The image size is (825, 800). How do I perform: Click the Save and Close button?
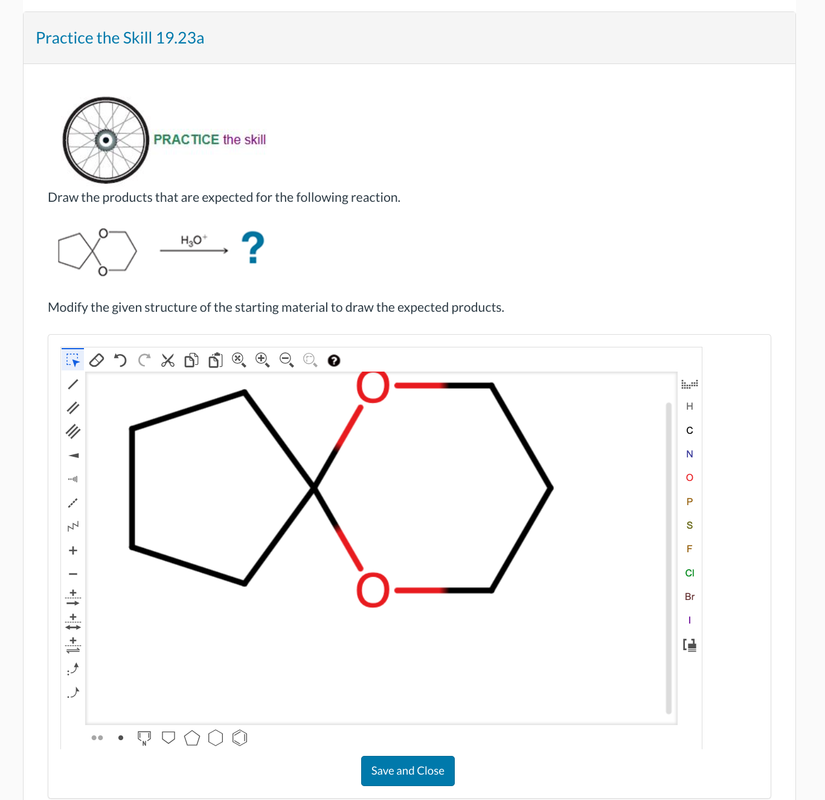408,771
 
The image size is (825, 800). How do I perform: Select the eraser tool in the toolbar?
97,361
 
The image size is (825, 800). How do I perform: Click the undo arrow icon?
120,361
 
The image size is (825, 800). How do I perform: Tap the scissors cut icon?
168,361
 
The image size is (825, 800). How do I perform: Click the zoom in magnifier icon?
262,360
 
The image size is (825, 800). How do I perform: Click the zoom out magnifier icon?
286,360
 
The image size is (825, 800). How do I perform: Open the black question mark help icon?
333,361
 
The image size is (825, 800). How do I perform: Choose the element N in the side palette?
690,454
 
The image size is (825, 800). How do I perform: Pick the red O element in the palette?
690,478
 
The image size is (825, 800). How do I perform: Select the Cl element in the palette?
690,573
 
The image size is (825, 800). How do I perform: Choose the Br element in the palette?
690,596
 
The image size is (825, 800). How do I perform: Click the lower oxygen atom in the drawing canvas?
373,590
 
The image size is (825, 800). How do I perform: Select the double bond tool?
73,408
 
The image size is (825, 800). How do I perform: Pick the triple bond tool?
73,431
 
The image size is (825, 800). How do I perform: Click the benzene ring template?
240,738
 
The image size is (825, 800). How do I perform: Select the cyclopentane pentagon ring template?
192,738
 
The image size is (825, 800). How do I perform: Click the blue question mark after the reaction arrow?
253,247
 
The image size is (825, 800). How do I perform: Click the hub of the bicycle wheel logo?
106,140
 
